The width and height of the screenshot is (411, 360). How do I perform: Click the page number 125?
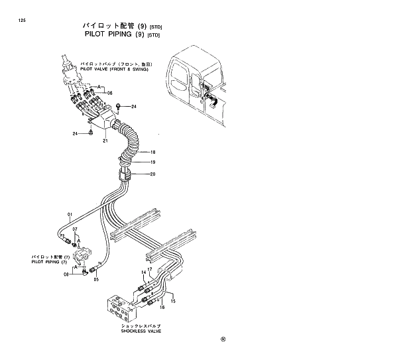pyautogui.click(x=23, y=21)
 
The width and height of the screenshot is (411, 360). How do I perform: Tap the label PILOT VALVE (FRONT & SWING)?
pyautogui.click(x=113, y=69)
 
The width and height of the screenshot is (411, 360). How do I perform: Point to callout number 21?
pyautogui.click(x=105, y=140)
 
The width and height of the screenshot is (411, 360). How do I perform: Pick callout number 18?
pyautogui.click(x=152, y=152)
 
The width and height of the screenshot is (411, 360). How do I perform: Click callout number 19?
pyautogui.click(x=152, y=162)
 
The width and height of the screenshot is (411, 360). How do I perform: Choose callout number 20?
pyautogui.click(x=152, y=174)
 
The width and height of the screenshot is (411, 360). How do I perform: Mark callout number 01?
pyautogui.click(x=68, y=214)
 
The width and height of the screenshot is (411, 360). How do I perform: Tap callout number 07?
pyautogui.click(x=75, y=229)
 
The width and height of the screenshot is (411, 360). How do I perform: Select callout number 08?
pyautogui.click(x=66, y=274)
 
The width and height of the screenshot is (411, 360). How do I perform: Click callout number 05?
pyautogui.click(x=95, y=279)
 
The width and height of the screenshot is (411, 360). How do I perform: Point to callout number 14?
pyautogui.click(x=143, y=272)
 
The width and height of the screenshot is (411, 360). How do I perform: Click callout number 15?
pyautogui.click(x=174, y=301)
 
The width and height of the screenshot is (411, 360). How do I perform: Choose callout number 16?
pyautogui.click(x=162, y=308)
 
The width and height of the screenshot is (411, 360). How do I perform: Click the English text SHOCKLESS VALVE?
pyautogui.click(x=141, y=331)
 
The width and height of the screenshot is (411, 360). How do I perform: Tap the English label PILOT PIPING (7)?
pyautogui.click(x=50, y=262)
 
